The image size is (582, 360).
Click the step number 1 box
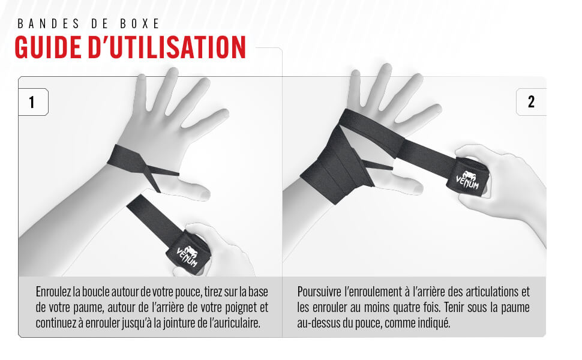(x=32, y=102)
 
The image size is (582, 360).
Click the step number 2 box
(x=531, y=102)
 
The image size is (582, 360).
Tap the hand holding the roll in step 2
(x=510, y=192)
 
